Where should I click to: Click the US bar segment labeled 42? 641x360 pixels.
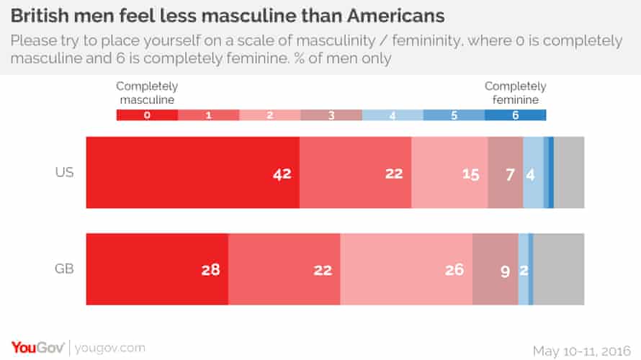tap(192, 173)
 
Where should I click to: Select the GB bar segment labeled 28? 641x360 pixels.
tap(157, 269)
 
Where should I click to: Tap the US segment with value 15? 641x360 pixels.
tap(449, 173)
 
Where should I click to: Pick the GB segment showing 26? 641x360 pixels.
tap(406, 269)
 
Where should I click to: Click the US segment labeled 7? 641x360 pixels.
tap(505, 173)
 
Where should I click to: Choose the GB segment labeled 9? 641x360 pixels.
tap(496, 269)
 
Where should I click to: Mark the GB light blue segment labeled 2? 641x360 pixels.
tap(524, 269)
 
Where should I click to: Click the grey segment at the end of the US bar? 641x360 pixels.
tap(569, 173)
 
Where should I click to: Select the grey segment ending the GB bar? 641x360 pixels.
tap(559, 269)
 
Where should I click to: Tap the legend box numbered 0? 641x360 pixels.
tap(147, 114)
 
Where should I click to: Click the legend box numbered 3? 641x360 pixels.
tap(331, 114)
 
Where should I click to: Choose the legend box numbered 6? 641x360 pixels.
tap(516, 114)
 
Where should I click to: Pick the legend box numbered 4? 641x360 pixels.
tap(393, 114)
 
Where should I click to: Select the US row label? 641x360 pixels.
tap(63, 173)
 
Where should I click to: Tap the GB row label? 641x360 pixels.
tap(63, 269)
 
